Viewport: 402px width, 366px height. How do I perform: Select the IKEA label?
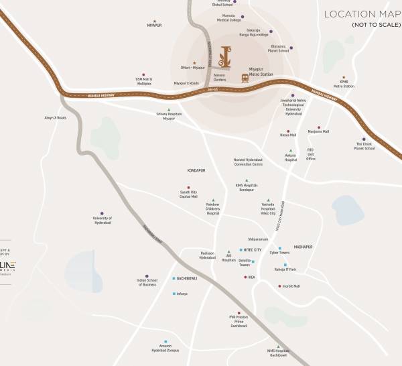[x=252, y=277]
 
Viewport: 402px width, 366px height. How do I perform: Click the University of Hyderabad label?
[x=102, y=220]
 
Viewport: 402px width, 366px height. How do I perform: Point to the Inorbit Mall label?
[x=291, y=286]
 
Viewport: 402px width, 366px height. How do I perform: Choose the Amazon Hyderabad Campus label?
[x=164, y=349]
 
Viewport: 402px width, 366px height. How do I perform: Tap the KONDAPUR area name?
[x=196, y=170]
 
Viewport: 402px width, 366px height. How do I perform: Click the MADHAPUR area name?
[x=303, y=247]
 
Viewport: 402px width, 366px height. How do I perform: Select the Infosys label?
[x=182, y=294]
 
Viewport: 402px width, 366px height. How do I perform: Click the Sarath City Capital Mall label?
[x=188, y=195]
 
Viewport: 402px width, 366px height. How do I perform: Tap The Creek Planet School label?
[x=364, y=146]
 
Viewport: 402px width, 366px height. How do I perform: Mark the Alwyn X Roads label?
[x=55, y=117]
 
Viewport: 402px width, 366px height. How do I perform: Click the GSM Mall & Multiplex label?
[x=143, y=82]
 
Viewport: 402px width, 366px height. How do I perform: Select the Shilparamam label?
[x=258, y=237]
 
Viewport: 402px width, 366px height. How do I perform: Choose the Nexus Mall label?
[x=288, y=135]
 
